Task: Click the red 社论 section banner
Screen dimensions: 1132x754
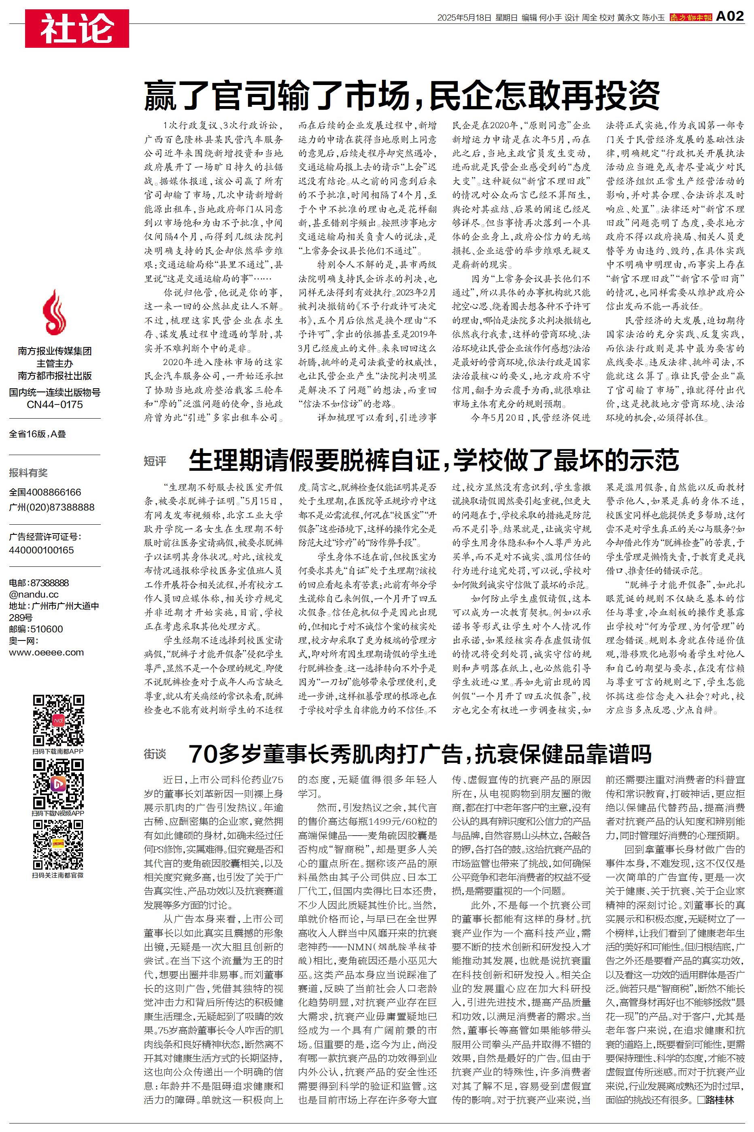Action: point(77,28)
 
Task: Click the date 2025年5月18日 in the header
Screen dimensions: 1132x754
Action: point(464,18)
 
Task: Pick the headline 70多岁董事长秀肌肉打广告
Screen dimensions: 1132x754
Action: point(420,754)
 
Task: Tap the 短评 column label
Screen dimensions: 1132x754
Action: point(155,462)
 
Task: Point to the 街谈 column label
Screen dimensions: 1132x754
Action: point(155,754)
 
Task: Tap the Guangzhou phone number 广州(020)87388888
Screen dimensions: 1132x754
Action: point(51,507)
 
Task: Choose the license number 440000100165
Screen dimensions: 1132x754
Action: point(41,550)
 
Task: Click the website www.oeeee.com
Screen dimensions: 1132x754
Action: point(46,653)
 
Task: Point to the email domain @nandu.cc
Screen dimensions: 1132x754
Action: point(34,594)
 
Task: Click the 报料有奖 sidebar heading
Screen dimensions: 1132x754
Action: point(28,473)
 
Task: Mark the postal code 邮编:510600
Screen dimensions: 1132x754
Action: point(36,629)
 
